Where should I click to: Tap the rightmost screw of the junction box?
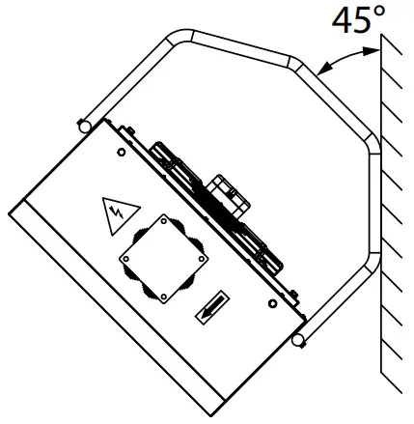(200, 263)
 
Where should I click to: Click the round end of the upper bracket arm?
(84, 125)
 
